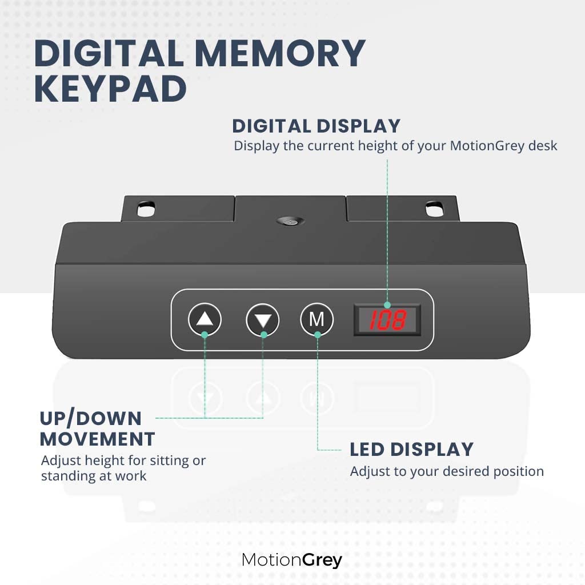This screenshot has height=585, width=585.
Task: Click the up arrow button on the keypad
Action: (205, 319)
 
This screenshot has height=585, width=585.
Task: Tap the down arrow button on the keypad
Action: (263, 320)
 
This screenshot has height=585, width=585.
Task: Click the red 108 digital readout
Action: (387, 320)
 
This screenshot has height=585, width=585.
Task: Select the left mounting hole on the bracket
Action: (146, 209)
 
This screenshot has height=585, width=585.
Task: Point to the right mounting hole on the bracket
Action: (435, 209)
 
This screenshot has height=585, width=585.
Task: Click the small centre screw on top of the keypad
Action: (290, 222)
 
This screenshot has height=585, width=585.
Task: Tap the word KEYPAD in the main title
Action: (110, 89)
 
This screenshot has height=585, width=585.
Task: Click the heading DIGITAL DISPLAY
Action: (316, 126)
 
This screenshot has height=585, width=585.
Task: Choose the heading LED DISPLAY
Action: (411, 449)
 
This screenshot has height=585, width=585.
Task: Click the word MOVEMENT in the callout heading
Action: (97, 439)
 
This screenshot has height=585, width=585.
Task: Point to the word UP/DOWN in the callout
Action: (91, 418)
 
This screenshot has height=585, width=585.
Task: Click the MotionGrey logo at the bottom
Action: (292, 560)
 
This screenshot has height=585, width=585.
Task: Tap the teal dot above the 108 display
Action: (387, 305)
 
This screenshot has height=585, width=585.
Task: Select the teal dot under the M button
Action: (318, 335)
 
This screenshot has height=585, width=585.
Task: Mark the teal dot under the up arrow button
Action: (205, 335)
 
